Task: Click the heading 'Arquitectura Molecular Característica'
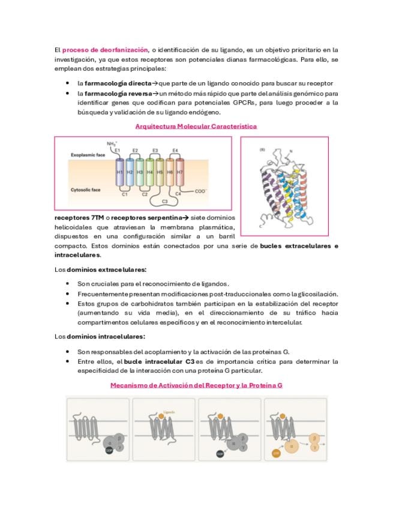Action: (196, 127)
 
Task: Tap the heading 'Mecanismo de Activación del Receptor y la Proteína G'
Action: (196, 385)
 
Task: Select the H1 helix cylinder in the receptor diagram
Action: (119, 172)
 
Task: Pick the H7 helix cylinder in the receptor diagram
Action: (179, 172)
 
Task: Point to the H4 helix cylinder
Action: (149, 172)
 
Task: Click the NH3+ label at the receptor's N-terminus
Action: (112, 144)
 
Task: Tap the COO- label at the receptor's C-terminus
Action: (201, 191)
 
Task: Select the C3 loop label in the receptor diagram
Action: (164, 202)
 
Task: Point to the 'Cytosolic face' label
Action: (85, 190)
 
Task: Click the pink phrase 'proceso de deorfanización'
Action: (105, 50)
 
